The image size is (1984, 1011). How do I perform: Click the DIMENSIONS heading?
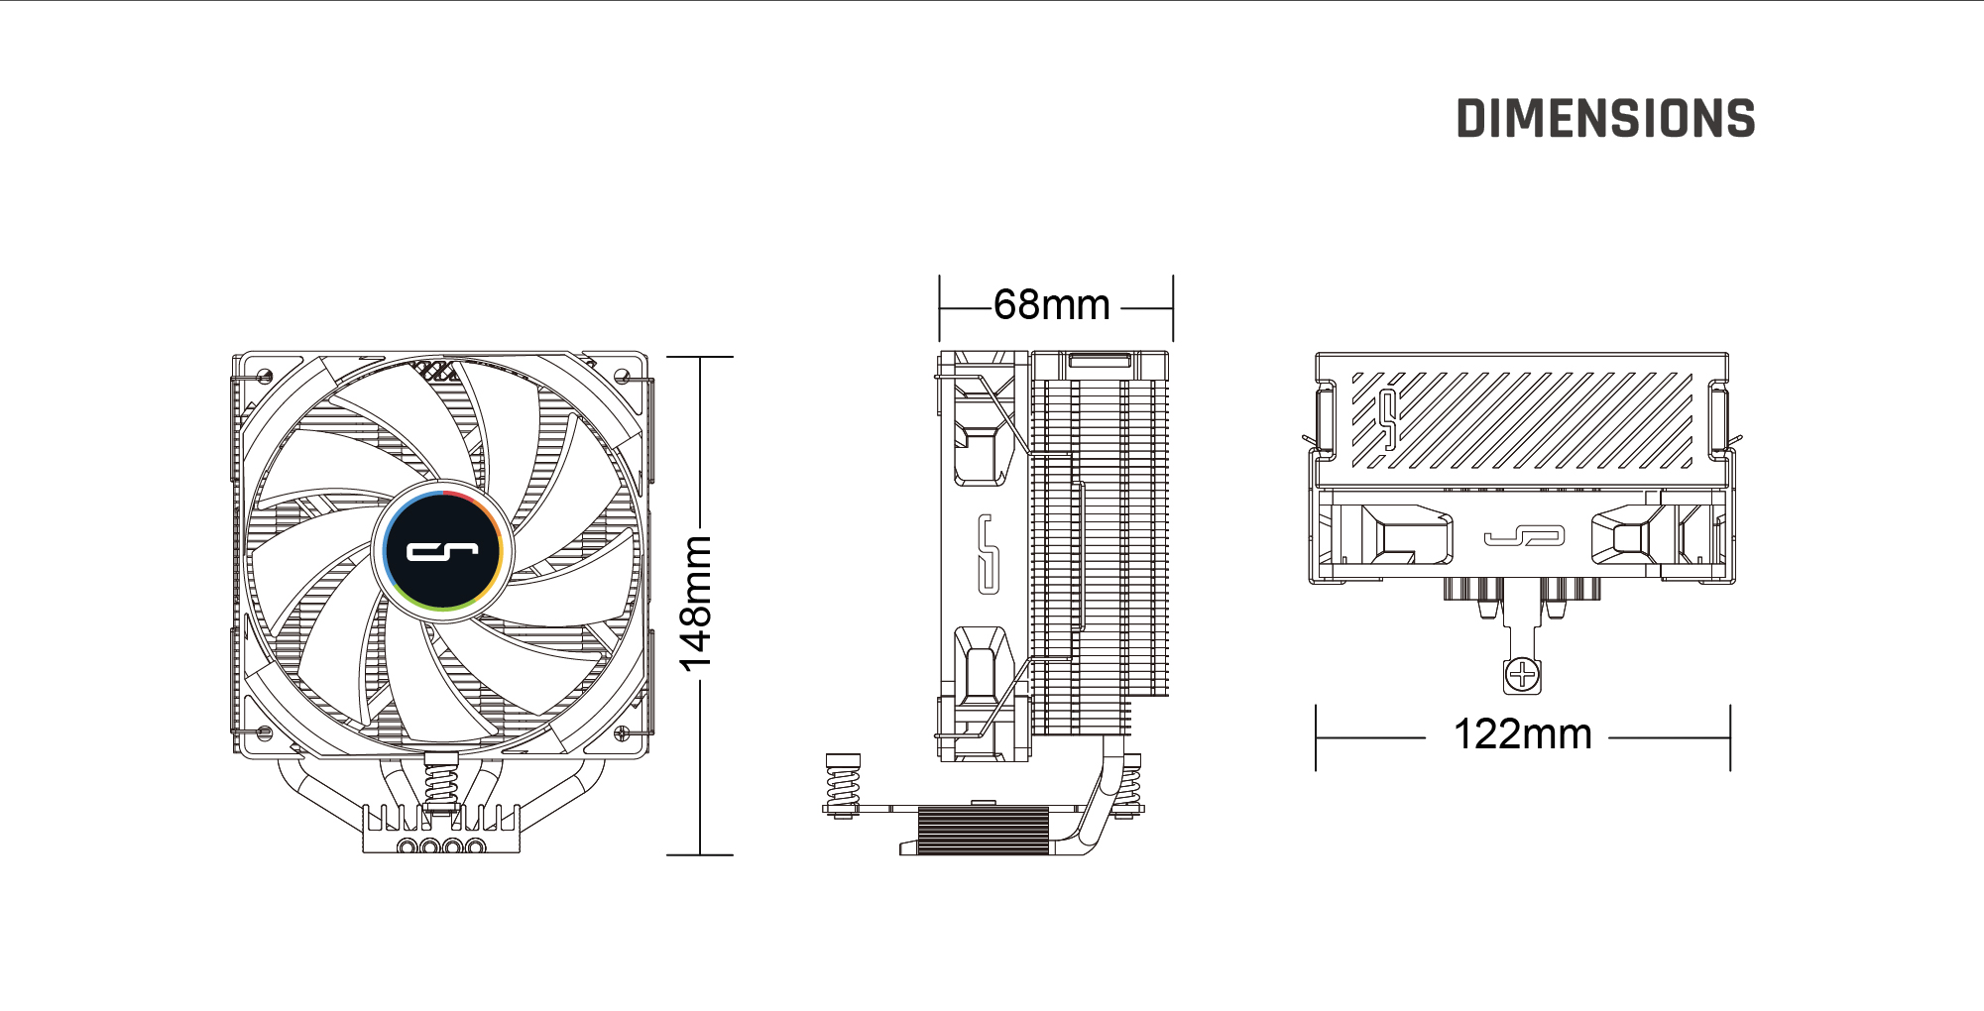(1605, 118)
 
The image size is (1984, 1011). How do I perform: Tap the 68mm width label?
(1052, 304)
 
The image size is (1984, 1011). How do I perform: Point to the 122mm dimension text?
(1522, 734)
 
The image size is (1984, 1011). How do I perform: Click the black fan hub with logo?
(443, 550)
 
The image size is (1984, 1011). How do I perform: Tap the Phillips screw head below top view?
(1522, 676)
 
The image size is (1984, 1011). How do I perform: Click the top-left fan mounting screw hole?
(265, 377)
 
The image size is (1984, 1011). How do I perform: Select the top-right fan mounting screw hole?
(622, 377)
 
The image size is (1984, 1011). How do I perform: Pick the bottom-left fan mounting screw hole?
(265, 733)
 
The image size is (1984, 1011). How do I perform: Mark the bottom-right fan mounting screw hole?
(622, 733)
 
